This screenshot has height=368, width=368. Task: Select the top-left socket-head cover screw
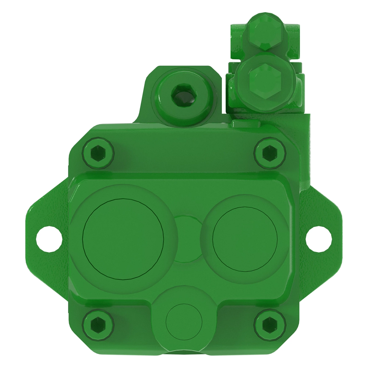coord(98,152)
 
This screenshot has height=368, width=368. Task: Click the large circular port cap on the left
coord(124,239)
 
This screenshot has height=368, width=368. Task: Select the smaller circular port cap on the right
coord(245,239)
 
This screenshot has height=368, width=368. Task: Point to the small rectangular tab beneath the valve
coord(245,123)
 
